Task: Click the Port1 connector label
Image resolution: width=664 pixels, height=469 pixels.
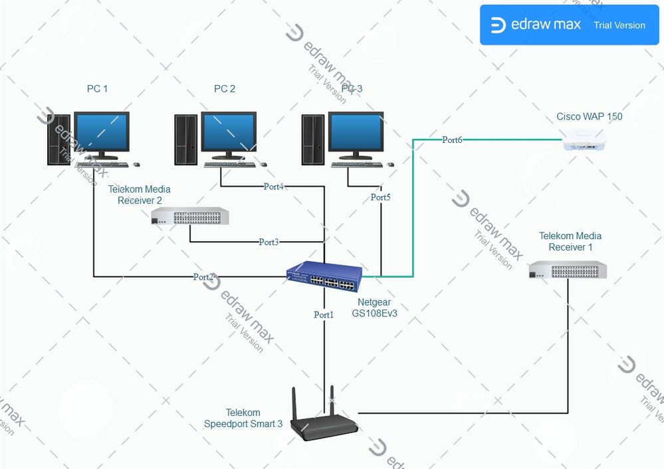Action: point(324,315)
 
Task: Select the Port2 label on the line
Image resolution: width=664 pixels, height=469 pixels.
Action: point(204,276)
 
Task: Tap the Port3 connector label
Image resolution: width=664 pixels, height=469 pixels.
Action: point(269,242)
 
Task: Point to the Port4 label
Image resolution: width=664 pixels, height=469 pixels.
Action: point(273,187)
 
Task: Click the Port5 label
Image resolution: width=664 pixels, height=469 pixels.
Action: point(381,197)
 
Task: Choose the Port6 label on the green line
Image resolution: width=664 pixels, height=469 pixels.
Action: point(452,140)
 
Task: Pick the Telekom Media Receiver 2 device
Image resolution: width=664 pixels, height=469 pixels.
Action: point(189,217)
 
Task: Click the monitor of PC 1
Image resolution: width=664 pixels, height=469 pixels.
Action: point(101,135)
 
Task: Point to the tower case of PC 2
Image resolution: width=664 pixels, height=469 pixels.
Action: point(186,139)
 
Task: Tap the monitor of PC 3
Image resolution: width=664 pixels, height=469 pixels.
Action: point(356,135)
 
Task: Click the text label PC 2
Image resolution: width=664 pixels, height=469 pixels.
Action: point(225,88)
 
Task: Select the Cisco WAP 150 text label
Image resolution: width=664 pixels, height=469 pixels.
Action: point(590,117)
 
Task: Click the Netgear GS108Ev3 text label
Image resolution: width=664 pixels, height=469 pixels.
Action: point(374,308)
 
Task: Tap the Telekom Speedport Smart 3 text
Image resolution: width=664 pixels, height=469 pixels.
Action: point(243,418)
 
